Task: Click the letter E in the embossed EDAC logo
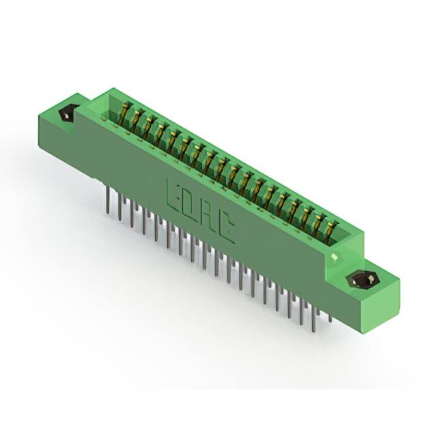coord(173,196)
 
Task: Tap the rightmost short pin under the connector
coord(330,318)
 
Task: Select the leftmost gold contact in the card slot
coord(124,113)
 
